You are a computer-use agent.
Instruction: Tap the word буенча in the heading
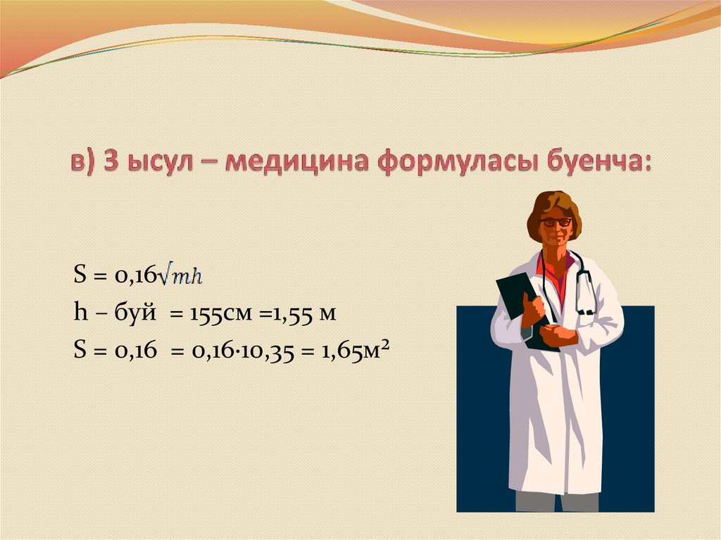click(598, 161)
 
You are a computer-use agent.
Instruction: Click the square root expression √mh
click(180, 276)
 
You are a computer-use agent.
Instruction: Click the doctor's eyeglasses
click(556, 222)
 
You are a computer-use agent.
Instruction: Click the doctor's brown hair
click(553, 207)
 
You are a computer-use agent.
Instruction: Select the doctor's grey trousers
click(557, 501)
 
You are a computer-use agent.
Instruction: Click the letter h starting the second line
click(80, 312)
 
